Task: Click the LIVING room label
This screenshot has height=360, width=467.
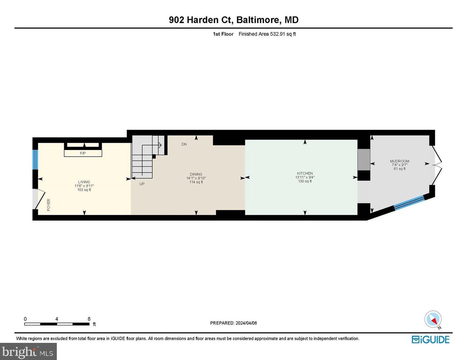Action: pos(84,182)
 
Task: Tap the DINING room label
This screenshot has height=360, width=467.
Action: pos(196,174)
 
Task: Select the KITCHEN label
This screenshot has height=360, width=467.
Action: pos(305,173)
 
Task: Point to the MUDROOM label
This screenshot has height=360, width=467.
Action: pos(400,161)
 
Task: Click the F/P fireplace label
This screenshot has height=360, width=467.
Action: pos(83,153)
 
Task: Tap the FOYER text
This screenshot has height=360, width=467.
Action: pos(49,205)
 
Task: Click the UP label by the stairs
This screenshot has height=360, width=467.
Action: pos(142,184)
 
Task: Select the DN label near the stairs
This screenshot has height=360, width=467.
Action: pos(184,144)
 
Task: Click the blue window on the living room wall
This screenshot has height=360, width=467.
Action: pos(35,160)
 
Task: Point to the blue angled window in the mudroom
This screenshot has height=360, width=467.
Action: pos(409,202)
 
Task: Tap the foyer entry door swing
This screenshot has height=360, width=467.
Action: pos(39,199)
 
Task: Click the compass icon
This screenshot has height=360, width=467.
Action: pos(433,319)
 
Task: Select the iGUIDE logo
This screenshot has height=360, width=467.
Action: pos(430,340)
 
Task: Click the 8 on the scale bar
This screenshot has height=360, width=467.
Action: pos(89,319)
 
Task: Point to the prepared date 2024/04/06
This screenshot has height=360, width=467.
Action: pos(246,323)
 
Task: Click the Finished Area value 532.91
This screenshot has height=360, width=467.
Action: pos(277,34)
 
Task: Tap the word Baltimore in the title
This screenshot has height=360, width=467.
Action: pos(258,20)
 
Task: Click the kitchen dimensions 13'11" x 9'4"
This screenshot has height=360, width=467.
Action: pos(305,177)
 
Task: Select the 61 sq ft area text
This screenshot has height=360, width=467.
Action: pos(400,169)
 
